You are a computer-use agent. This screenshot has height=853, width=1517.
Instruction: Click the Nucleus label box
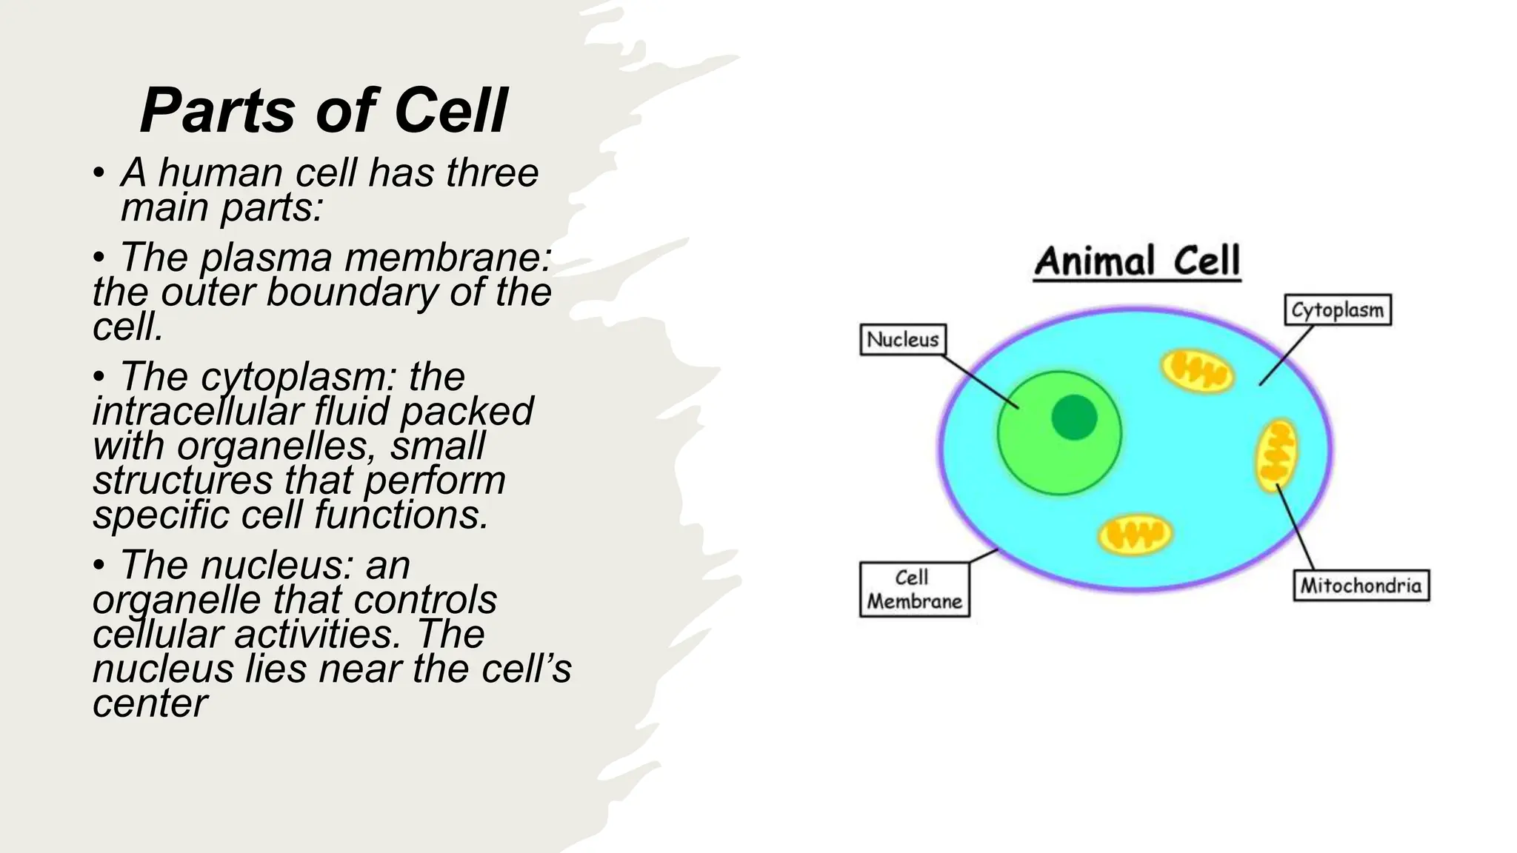pos(902,340)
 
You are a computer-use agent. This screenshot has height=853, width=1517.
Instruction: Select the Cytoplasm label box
pos(1337,310)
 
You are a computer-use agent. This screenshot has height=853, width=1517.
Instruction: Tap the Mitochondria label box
pos(1361,586)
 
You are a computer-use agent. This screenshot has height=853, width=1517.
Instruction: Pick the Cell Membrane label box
pos(914,589)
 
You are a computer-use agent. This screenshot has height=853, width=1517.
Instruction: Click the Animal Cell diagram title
pos(1137,261)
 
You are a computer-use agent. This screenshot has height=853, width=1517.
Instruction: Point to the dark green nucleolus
pos(1074,417)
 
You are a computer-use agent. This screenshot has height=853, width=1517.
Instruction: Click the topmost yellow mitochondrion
pos(1196,370)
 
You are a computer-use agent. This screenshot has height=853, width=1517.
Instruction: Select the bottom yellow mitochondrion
pos(1134,534)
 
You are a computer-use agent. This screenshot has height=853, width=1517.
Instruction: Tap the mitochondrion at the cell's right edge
pos(1276,455)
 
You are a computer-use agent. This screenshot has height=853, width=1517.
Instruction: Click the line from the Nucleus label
pos(980,381)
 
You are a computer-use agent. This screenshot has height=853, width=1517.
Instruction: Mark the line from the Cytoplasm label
pos(1286,355)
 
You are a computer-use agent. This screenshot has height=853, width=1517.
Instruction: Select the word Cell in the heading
pos(450,111)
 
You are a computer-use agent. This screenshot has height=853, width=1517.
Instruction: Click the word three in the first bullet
pos(492,173)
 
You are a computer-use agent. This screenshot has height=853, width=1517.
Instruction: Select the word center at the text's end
pos(150,703)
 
